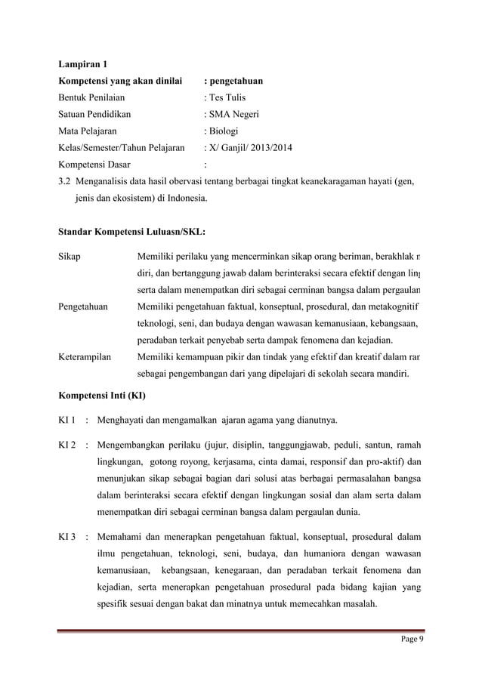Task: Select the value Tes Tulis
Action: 226,97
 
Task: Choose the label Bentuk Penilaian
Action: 92,97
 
